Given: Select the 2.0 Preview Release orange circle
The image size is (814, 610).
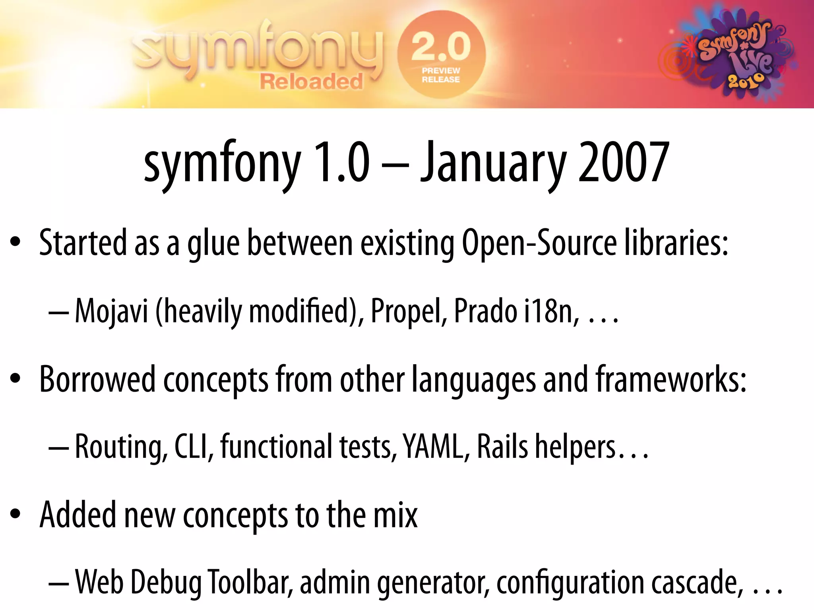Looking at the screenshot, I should coord(441,55).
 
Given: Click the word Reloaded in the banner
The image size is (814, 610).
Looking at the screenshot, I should coord(311,82).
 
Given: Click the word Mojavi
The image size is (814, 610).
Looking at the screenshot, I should coord(111,311).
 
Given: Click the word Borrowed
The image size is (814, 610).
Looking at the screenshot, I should coord(97,379).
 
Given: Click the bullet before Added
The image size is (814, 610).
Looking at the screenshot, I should coord(15,514).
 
